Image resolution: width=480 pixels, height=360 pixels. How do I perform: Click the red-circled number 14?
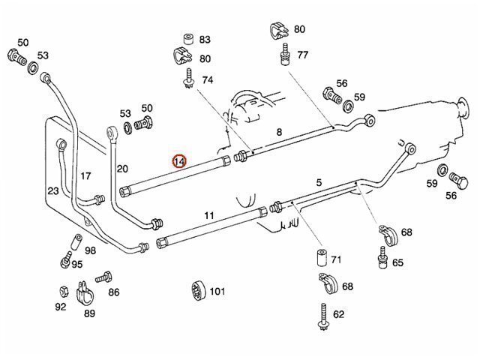(x=180, y=161)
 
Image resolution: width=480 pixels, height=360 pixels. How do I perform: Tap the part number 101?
(x=217, y=291)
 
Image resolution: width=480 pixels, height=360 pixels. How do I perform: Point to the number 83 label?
(x=205, y=40)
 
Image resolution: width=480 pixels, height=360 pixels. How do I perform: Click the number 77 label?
(x=302, y=55)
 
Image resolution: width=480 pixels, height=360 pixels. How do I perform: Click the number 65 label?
(x=397, y=262)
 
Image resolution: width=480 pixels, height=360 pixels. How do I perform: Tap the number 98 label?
(x=90, y=250)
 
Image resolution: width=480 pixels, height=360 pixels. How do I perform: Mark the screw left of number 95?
(x=66, y=264)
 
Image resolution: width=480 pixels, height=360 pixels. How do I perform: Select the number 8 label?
(x=279, y=132)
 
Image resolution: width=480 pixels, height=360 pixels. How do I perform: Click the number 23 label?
(x=52, y=190)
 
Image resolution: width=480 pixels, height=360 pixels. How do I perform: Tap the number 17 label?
(x=85, y=176)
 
